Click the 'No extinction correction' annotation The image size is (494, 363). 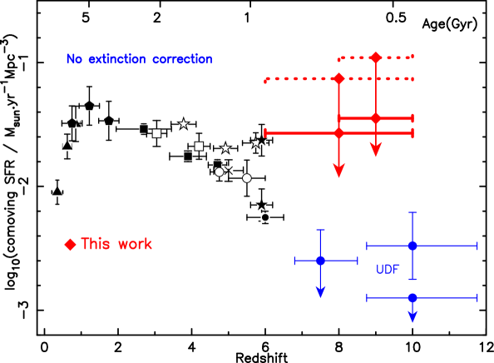(x=139, y=59)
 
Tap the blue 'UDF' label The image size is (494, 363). (x=388, y=269)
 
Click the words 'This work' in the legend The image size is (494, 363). (x=116, y=244)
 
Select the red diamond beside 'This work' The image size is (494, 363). (x=70, y=245)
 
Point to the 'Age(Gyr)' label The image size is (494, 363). (x=450, y=24)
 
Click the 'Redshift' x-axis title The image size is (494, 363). (x=261, y=358)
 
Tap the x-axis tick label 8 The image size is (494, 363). (x=338, y=347)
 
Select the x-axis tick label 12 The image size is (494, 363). (x=487, y=347)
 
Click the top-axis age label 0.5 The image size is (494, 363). (x=396, y=17)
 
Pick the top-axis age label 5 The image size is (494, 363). (x=86, y=17)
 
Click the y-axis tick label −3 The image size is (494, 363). (x=23, y=310)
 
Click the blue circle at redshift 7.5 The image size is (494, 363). (x=320, y=261)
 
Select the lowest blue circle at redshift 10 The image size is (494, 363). (x=412, y=298)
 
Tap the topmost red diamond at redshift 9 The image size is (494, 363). (x=376, y=57)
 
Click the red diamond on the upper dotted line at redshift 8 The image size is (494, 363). (x=339, y=78)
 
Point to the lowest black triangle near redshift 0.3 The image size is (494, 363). (x=57, y=191)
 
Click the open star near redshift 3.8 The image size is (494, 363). (x=183, y=123)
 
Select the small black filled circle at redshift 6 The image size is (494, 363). (x=265, y=217)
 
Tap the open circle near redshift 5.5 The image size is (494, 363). (x=247, y=178)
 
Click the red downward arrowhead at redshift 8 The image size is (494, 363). (x=339, y=171)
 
